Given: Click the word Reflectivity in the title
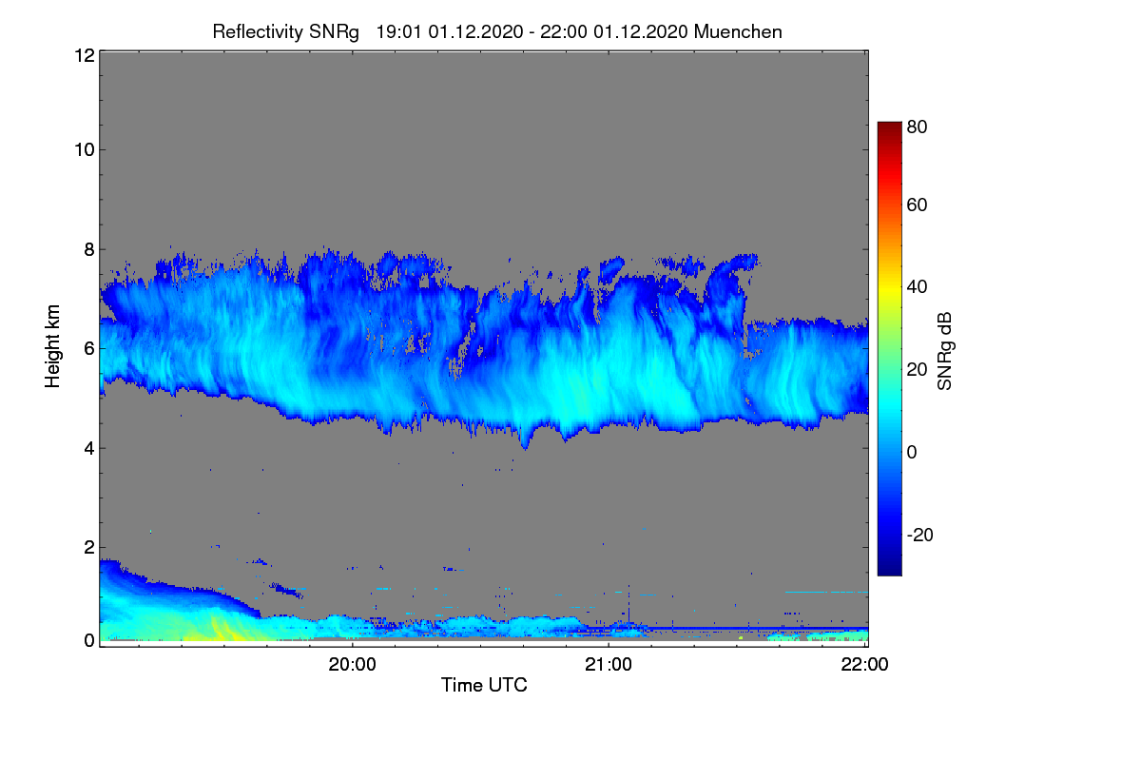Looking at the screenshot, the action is pos(258,32).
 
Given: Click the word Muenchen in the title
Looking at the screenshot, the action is pos(738,31).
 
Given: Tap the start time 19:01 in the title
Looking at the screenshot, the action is pos(398,31).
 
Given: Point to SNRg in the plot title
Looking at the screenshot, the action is pos(334,32).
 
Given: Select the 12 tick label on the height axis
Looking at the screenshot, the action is pos(85,55).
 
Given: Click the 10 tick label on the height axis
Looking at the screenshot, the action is pos(85,150).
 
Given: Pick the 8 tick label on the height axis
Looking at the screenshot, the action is pos(90,249).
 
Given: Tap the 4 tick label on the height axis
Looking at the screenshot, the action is pos(90,449).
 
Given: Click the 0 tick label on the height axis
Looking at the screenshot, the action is pos(90,640).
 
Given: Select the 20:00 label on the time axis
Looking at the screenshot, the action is pos(353,665).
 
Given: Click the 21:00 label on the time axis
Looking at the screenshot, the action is pos(609,665).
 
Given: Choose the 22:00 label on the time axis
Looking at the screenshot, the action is pos(864,665).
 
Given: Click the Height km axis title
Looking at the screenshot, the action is pos(52,346).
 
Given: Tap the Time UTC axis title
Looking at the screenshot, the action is pos(484,685).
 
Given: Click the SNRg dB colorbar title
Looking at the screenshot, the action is pos(945,352).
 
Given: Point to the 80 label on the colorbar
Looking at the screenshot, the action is pos(917,127).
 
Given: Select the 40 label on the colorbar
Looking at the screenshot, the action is pos(917,287).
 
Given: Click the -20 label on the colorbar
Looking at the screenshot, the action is pos(920,535).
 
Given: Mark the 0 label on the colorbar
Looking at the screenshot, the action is pos(912,452).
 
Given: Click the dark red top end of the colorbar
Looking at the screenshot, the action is pos(889,125).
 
